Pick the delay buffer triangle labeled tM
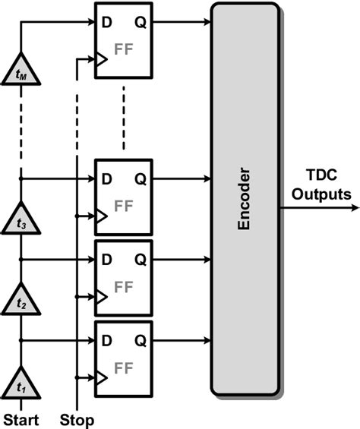[x=21, y=74]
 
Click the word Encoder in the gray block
[x=245, y=200]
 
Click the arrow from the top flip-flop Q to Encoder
[x=182, y=21]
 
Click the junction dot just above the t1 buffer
[x=21, y=341]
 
